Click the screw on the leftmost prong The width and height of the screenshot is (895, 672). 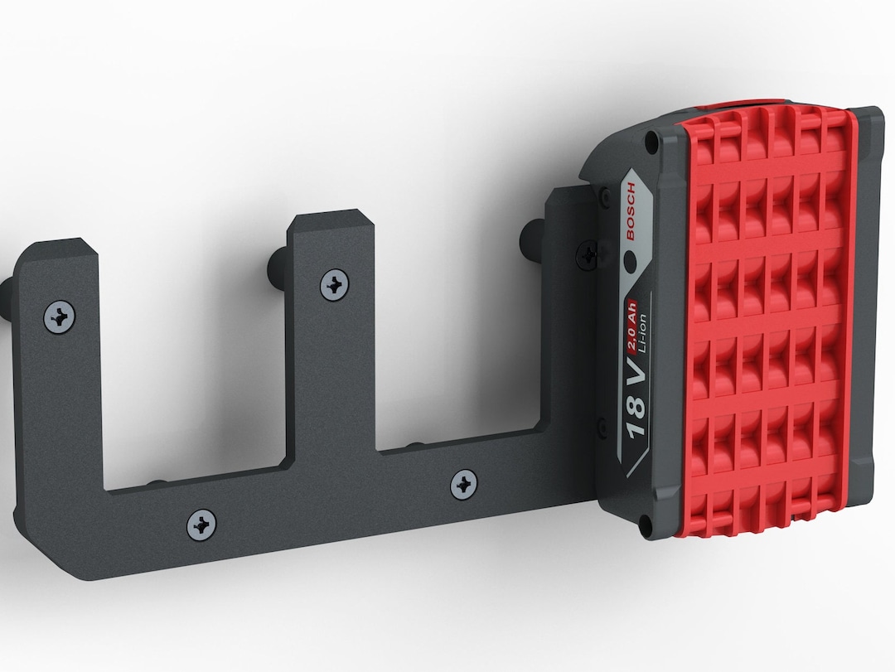pos(60,316)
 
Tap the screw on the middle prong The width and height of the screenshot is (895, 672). pos(335,285)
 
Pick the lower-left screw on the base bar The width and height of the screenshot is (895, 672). pos(201,524)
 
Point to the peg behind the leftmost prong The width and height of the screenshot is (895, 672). pos(7,294)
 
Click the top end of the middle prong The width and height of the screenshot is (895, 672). pos(327,222)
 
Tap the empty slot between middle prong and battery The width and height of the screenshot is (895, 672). pos(460,331)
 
